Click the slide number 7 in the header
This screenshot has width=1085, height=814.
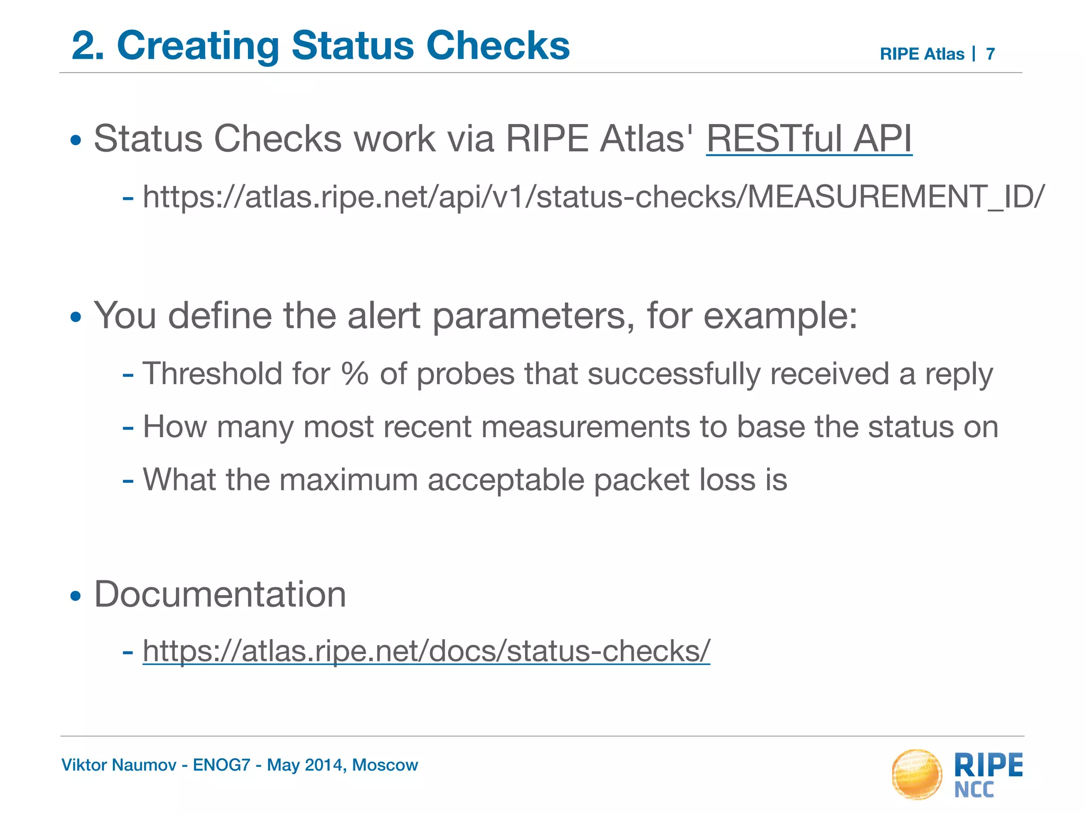(990, 54)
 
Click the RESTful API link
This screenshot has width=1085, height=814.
(809, 139)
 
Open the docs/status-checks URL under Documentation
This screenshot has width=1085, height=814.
(426, 651)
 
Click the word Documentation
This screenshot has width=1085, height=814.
(220, 594)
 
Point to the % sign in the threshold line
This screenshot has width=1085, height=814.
(355, 373)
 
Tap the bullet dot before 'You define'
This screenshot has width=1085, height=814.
(76, 317)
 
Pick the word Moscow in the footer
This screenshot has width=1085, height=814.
(385, 765)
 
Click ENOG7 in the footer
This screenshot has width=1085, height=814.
(221, 765)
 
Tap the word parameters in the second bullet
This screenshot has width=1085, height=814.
(529, 316)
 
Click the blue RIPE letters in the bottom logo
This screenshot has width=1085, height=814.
(988, 766)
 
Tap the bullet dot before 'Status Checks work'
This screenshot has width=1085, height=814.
(76, 141)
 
